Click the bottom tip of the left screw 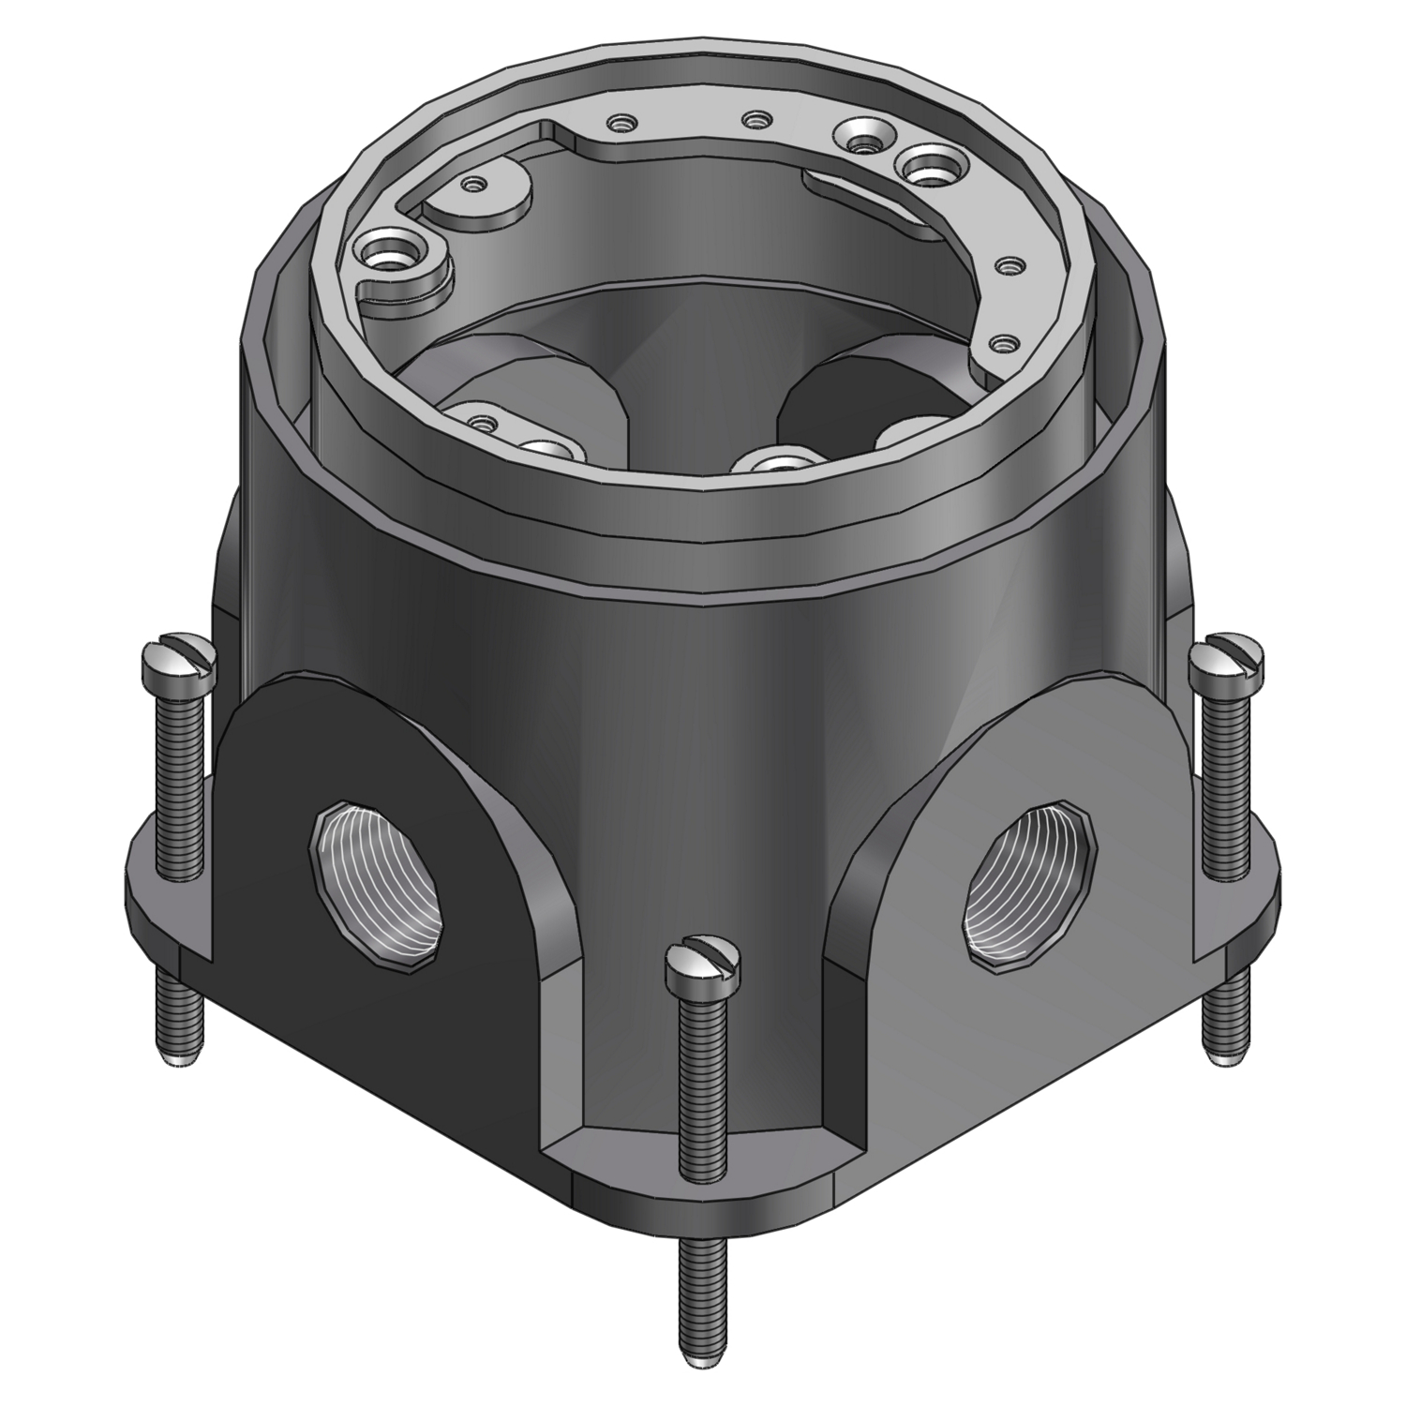coord(178,1057)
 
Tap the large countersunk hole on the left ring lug coord(386,254)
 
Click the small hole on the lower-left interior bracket coord(481,421)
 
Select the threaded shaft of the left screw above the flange coord(178,778)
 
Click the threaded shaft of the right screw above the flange coord(1224,769)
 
